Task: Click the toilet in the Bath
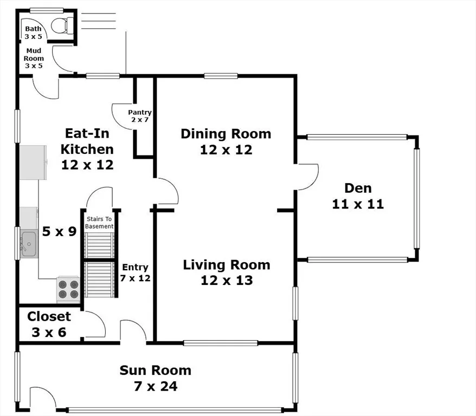(x=62, y=25)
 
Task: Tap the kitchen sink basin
(x=29, y=244)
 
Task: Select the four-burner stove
(x=68, y=289)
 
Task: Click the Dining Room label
(x=226, y=134)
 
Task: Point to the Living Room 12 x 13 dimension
(x=227, y=281)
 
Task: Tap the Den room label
(x=358, y=188)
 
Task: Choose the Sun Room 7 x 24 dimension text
(x=156, y=386)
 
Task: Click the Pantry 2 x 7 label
(x=140, y=116)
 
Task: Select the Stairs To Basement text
(x=99, y=223)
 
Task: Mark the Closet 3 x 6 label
(x=49, y=324)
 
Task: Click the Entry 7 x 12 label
(x=135, y=272)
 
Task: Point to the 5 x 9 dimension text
(x=59, y=231)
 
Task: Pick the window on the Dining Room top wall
(x=221, y=76)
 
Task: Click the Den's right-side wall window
(x=417, y=199)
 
